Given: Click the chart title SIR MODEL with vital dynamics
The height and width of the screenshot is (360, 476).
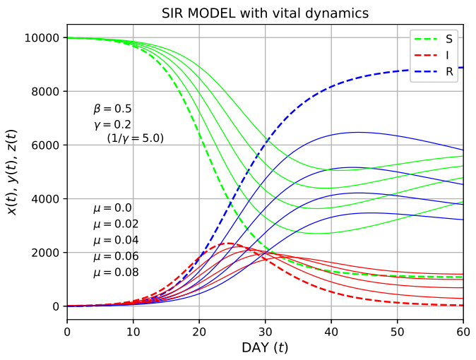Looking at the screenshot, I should (x=265, y=13).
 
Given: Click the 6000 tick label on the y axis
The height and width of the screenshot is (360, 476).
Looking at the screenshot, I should (x=47, y=145).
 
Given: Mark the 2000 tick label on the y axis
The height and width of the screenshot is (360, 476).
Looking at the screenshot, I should (x=47, y=253).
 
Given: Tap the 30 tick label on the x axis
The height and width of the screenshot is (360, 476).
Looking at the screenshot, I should (x=265, y=330).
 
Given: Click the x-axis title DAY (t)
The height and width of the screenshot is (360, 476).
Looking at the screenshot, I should (x=265, y=348).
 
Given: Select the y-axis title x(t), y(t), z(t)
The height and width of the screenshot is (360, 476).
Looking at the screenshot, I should (x=13, y=172).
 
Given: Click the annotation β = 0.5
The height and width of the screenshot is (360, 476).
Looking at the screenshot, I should (x=112, y=109).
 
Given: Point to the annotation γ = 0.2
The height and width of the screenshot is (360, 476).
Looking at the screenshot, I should (x=112, y=124).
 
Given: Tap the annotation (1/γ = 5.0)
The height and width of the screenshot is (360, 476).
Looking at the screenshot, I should (x=135, y=138).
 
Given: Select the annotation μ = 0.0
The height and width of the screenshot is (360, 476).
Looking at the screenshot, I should (x=112, y=208).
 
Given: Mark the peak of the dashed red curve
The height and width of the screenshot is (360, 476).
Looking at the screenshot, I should (x=229, y=244).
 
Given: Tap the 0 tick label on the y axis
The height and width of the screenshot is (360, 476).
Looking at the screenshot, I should (x=57, y=306).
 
